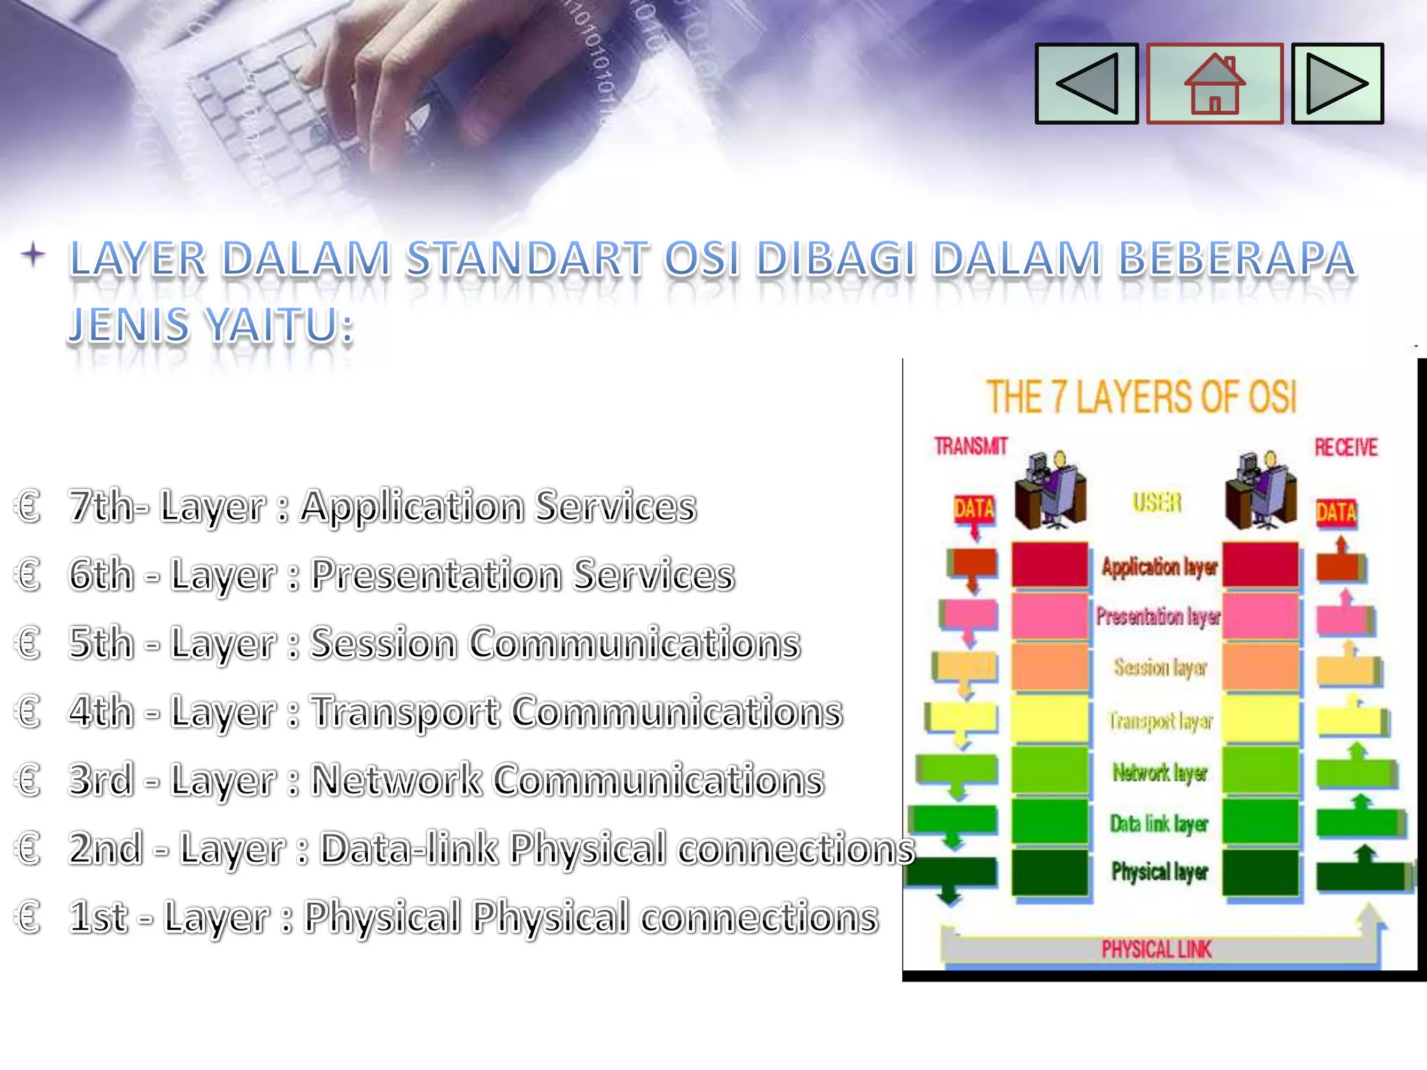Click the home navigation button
tap(1214, 84)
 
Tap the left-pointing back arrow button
tap(1087, 84)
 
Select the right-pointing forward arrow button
tap(1337, 84)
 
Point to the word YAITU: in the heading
tap(281, 325)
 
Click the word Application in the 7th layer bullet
tap(412, 506)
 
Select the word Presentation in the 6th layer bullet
tap(436, 575)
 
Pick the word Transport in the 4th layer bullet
tap(405, 712)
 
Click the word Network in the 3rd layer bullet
tap(396, 780)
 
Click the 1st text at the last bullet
tap(98, 917)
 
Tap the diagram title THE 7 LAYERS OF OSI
tap(1141, 397)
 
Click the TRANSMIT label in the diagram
tap(971, 447)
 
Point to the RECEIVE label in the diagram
tap(1345, 447)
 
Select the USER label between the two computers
tap(1157, 502)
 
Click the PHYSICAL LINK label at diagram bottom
tap(1156, 949)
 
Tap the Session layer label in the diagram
tap(1159, 667)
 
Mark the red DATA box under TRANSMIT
tap(974, 509)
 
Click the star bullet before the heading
tap(33, 254)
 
